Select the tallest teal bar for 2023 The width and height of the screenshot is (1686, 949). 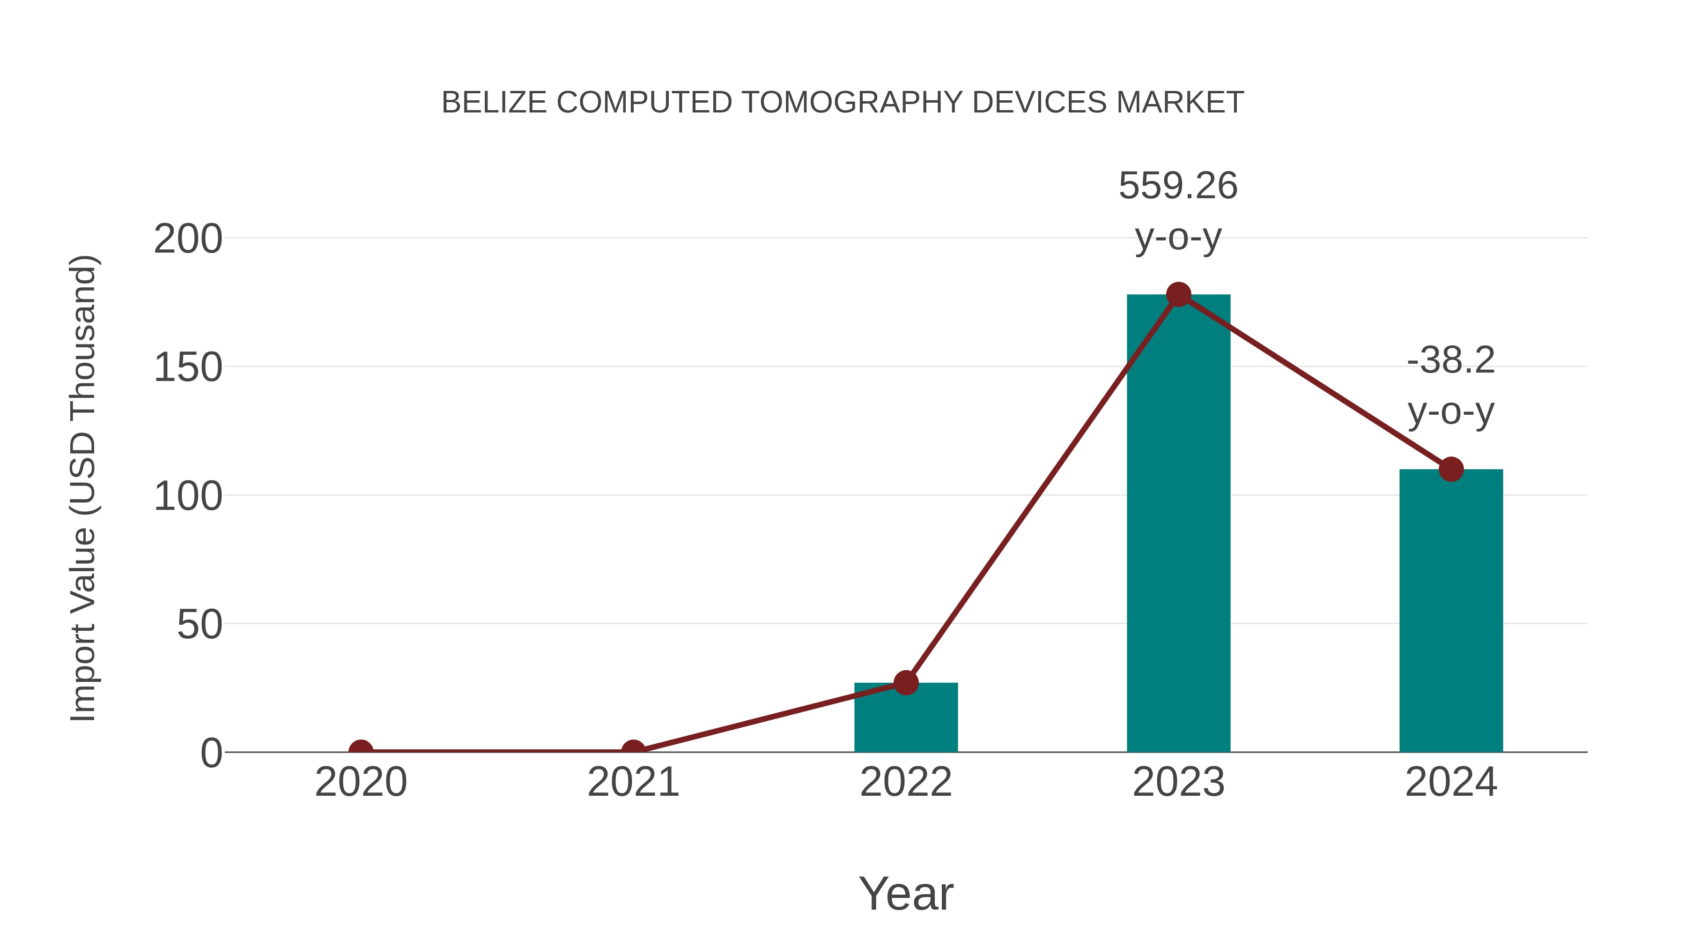tap(1178, 524)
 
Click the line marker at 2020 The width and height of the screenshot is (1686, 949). tap(361, 751)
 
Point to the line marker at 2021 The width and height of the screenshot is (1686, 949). tap(633, 751)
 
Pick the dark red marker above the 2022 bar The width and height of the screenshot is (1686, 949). tap(905, 682)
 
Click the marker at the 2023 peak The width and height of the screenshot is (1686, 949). tap(1178, 295)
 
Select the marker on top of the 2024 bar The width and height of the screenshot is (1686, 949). tap(1450, 469)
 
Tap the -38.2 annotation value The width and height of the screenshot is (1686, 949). tap(1450, 360)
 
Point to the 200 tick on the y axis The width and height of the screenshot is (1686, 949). tap(188, 239)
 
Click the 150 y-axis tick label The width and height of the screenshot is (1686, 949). tap(188, 367)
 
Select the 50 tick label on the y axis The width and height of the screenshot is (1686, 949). tap(200, 625)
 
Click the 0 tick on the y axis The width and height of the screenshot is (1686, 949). tap(211, 753)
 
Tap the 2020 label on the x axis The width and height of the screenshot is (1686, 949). tap(361, 783)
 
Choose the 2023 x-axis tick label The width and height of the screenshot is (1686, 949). tap(1178, 783)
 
